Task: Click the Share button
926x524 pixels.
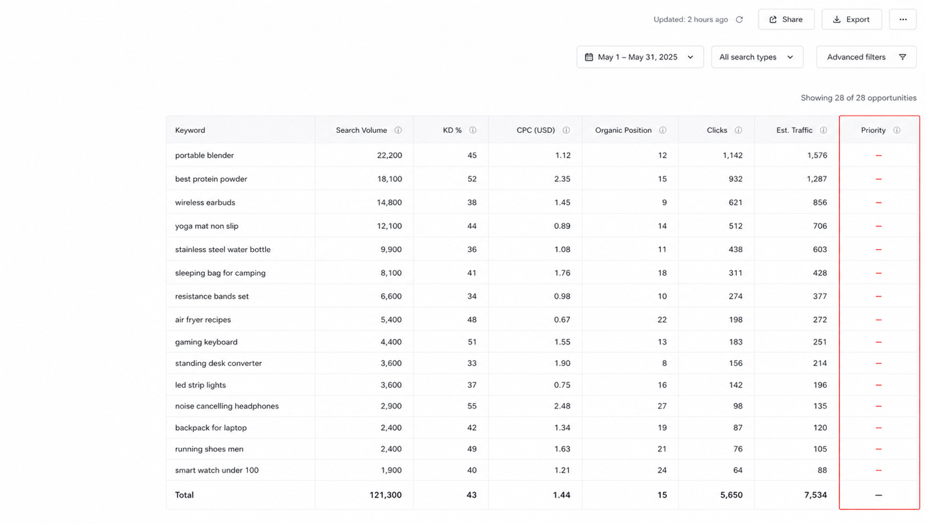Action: pyautogui.click(x=786, y=19)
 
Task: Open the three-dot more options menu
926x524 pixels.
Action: pyautogui.click(x=903, y=19)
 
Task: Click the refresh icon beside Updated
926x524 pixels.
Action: pyautogui.click(x=739, y=19)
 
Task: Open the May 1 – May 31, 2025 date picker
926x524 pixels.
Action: pyautogui.click(x=640, y=57)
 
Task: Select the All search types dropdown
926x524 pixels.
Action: pyautogui.click(x=757, y=57)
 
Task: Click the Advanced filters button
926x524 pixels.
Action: pyautogui.click(x=866, y=57)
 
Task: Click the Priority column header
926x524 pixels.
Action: pyautogui.click(x=873, y=130)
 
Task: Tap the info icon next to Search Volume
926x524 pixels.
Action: pyautogui.click(x=398, y=130)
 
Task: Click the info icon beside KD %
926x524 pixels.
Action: pyautogui.click(x=472, y=130)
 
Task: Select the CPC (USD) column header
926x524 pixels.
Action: pyautogui.click(x=535, y=130)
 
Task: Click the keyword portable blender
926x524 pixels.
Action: pyautogui.click(x=204, y=155)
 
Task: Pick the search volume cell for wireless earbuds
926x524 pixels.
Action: pyautogui.click(x=389, y=202)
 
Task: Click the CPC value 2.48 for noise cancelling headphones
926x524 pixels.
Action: pyautogui.click(x=562, y=406)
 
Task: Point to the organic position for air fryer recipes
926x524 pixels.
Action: pyautogui.click(x=662, y=320)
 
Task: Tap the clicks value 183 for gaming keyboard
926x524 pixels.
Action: pyautogui.click(x=735, y=342)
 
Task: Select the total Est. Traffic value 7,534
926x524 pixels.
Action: pyautogui.click(x=815, y=495)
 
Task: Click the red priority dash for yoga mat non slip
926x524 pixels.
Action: pyautogui.click(x=878, y=226)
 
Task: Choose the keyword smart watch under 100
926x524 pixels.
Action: pyautogui.click(x=217, y=470)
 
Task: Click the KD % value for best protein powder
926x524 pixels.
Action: pyautogui.click(x=472, y=179)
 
